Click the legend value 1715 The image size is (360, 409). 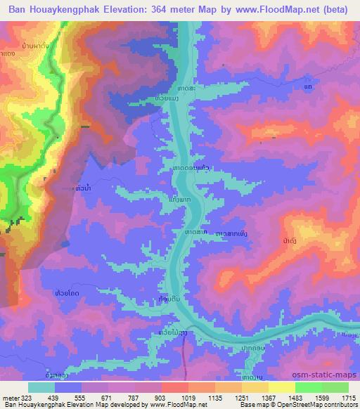(x=349, y=397)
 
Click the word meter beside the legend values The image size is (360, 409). (x=10, y=397)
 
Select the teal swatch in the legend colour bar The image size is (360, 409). (x=41, y=387)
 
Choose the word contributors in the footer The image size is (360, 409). (x=340, y=405)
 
